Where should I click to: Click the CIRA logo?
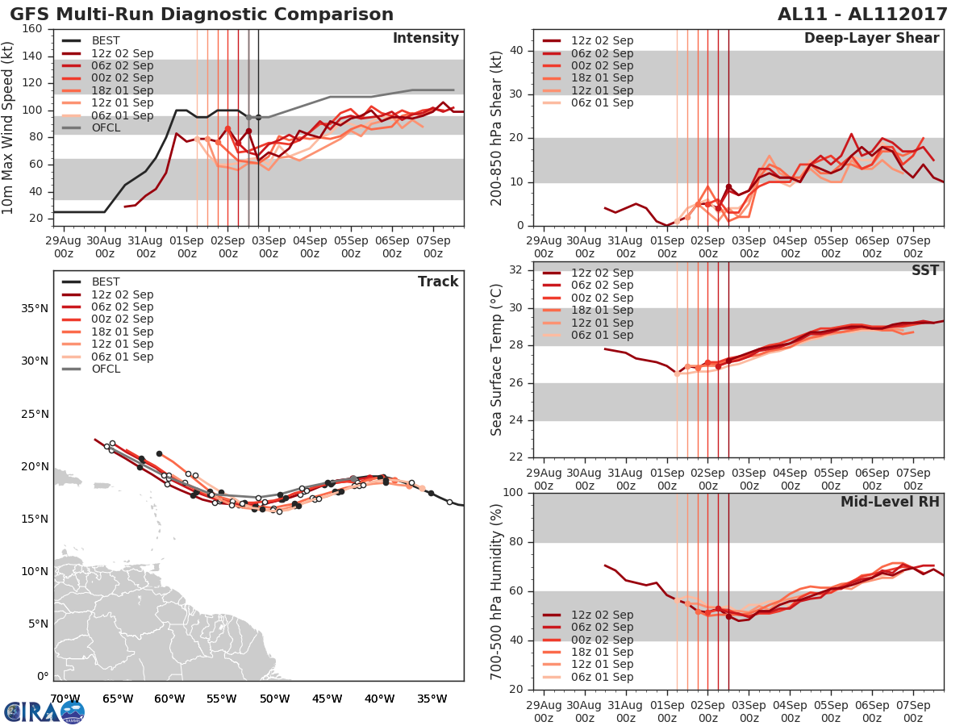(44, 711)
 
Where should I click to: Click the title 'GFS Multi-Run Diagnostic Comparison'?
(202, 15)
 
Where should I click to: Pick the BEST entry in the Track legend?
(105, 282)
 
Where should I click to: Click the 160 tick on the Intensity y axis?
(33, 29)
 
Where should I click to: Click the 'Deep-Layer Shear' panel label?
(871, 39)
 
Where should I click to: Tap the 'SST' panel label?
(925, 270)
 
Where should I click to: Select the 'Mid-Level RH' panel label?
(890, 502)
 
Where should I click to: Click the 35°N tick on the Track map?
(35, 308)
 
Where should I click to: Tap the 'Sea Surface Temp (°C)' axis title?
(498, 359)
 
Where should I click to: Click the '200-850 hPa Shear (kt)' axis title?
(498, 127)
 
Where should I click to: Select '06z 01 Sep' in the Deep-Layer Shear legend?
(601, 102)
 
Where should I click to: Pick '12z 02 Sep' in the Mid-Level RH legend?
(601, 615)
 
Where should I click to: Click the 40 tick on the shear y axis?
(517, 51)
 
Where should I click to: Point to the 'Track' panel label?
(437, 282)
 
